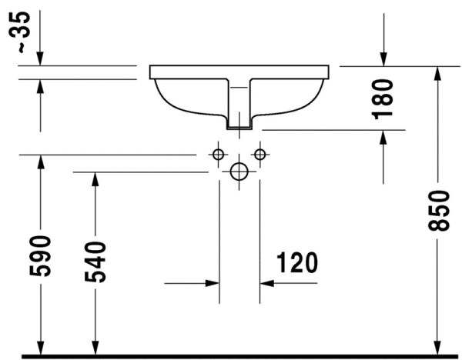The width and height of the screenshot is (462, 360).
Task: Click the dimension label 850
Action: point(437,209)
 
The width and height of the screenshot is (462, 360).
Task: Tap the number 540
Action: point(95,262)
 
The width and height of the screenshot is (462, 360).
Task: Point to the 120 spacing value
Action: point(293,263)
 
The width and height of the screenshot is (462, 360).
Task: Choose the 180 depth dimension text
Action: point(383,98)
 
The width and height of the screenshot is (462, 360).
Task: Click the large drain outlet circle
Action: point(239,172)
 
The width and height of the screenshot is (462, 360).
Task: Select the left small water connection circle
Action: point(219,155)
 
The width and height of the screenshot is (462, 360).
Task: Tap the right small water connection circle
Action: point(259,155)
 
